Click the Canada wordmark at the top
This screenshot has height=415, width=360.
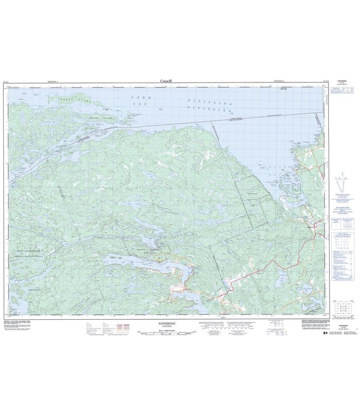coord(166,81)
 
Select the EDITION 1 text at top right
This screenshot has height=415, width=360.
coord(281,81)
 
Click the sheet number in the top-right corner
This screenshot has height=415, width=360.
coord(324,81)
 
